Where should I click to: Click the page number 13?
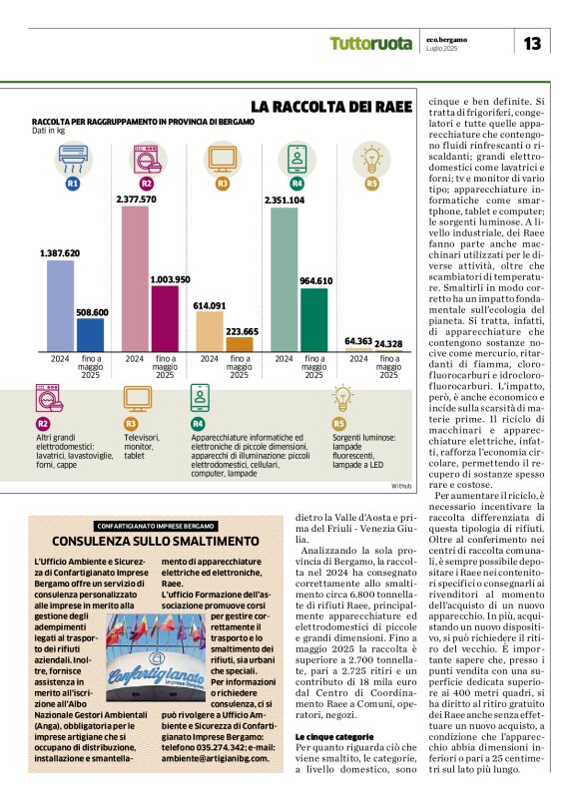pyautogui.click(x=532, y=43)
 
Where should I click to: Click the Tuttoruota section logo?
pyautogui.click(x=370, y=44)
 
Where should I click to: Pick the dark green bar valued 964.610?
pyautogui.click(x=314, y=319)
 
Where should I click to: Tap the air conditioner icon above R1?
pyautogui.click(x=72, y=158)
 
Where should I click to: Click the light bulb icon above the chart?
pyautogui.click(x=371, y=158)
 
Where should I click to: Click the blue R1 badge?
pyautogui.click(x=72, y=185)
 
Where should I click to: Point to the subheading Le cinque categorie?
pyautogui.click(x=331, y=736)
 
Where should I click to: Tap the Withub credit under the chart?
pyautogui.click(x=400, y=485)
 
